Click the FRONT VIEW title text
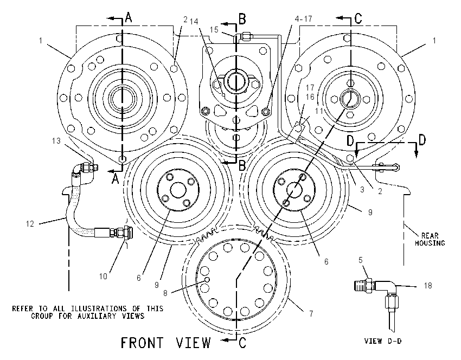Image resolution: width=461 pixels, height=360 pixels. point(166,343)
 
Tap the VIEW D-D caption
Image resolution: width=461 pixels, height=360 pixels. point(383,341)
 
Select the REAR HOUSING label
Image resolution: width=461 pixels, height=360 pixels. point(430,239)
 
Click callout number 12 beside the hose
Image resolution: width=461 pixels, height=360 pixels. point(30,224)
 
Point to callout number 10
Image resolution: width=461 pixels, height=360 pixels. point(103,277)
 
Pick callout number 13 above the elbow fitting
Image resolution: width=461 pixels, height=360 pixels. point(56,141)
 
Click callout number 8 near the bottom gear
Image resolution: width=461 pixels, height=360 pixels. point(165,293)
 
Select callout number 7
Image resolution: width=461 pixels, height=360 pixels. point(311,314)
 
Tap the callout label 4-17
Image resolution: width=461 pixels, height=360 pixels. point(303,19)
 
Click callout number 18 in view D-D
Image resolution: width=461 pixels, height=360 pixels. point(428,285)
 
